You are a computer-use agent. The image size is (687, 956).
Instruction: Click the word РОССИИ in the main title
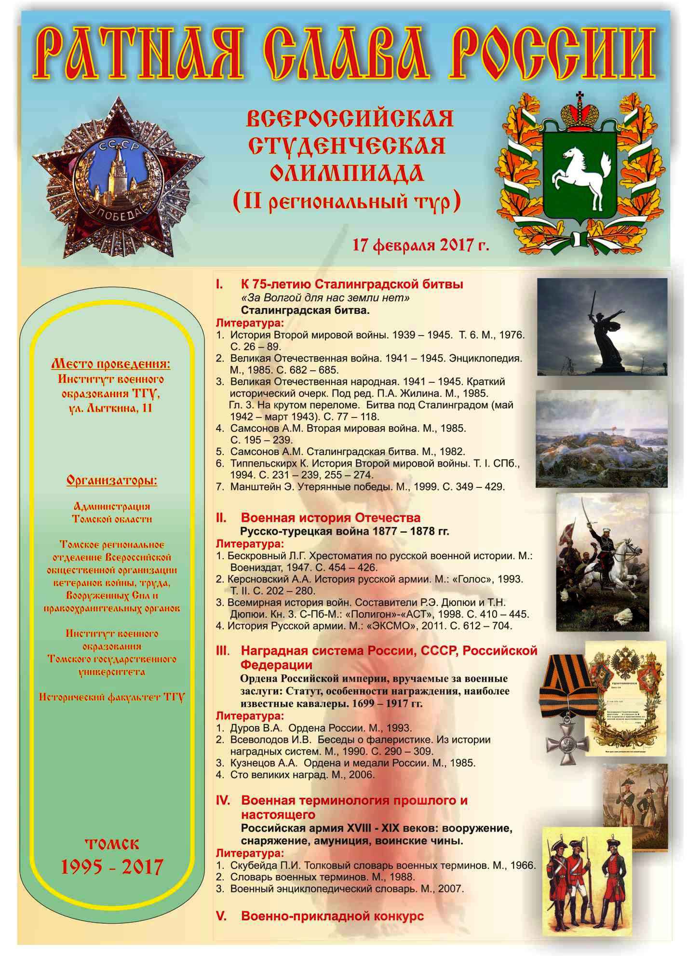555,53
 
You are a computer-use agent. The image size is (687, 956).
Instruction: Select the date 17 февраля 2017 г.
420,245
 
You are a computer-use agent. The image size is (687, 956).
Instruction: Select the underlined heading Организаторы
112,481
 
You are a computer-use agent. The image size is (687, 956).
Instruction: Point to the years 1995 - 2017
111,867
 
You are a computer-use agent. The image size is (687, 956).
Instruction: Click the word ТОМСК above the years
112,844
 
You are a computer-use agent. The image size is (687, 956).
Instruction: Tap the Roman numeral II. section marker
221,518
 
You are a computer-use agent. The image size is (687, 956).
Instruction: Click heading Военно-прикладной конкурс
332,916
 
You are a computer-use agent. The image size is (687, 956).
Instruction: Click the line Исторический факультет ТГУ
112,697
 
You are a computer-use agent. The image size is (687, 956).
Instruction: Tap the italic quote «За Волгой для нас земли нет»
325,297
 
